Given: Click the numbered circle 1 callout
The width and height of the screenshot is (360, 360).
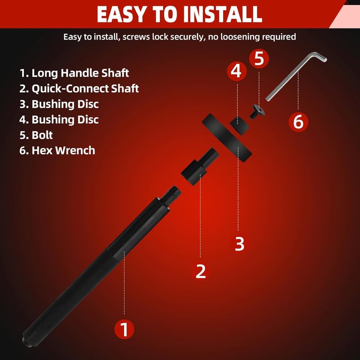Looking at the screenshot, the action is pyautogui.click(x=124, y=329).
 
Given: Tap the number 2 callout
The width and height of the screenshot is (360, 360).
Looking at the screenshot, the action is pyautogui.click(x=201, y=271).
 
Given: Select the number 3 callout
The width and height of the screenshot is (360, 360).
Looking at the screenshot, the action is pyautogui.click(x=239, y=243).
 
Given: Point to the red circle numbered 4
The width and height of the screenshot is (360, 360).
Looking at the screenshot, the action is pyautogui.click(x=237, y=71).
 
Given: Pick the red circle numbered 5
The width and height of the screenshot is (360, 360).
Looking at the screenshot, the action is pyautogui.click(x=259, y=58).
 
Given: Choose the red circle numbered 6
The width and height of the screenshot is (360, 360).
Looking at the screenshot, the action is pyautogui.click(x=298, y=121).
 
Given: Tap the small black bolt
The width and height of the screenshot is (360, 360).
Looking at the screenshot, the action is pyautogui.click(x=257, y=112).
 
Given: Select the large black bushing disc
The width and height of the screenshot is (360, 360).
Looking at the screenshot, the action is pyautogui.click(x=227, y=138).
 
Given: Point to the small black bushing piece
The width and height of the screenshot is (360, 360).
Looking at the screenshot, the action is pyautogui.click(x=239, y=125).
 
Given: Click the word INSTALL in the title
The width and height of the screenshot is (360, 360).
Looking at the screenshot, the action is pyautogui.click(x=222, y=14).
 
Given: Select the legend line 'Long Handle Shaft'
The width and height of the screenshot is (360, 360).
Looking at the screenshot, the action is pyautogui.click(x=74, y=73).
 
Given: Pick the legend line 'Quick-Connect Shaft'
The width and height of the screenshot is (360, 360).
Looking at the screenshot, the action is pyautogui.click(x=79, y=89).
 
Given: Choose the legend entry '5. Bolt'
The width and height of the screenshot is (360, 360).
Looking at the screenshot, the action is pyautogui.click(x=36, y=135).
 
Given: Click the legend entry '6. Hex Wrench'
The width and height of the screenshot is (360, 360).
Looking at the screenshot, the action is pyautogui.click(x=57, y=150).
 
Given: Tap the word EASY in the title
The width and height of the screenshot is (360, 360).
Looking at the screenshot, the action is pyautogui.click(x=121, y=14).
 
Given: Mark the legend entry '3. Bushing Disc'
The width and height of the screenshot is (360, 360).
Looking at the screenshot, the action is pyautogui.click(x=59, y=104).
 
